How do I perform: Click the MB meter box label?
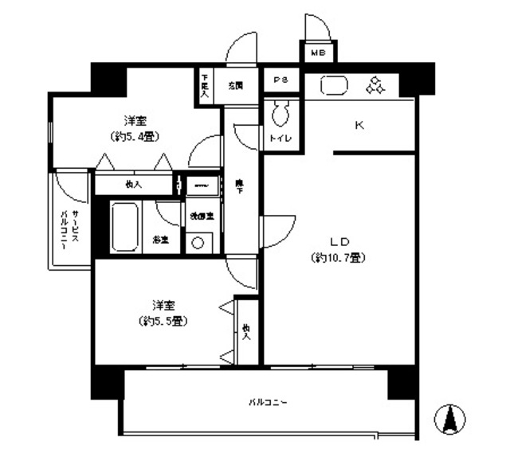tap(318, 53)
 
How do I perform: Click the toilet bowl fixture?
tap(280, 117)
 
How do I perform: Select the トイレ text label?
tap(280, 139)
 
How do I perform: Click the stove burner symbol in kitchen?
tap(375, 84)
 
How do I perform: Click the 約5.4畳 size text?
tap(135, 136)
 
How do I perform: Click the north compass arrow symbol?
tap(451, 419)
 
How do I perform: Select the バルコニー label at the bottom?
tap(267, 402)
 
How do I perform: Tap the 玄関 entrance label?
tap(234, 83)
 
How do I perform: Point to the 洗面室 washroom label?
tap(196, 217)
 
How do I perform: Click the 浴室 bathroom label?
tap(160, 240)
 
